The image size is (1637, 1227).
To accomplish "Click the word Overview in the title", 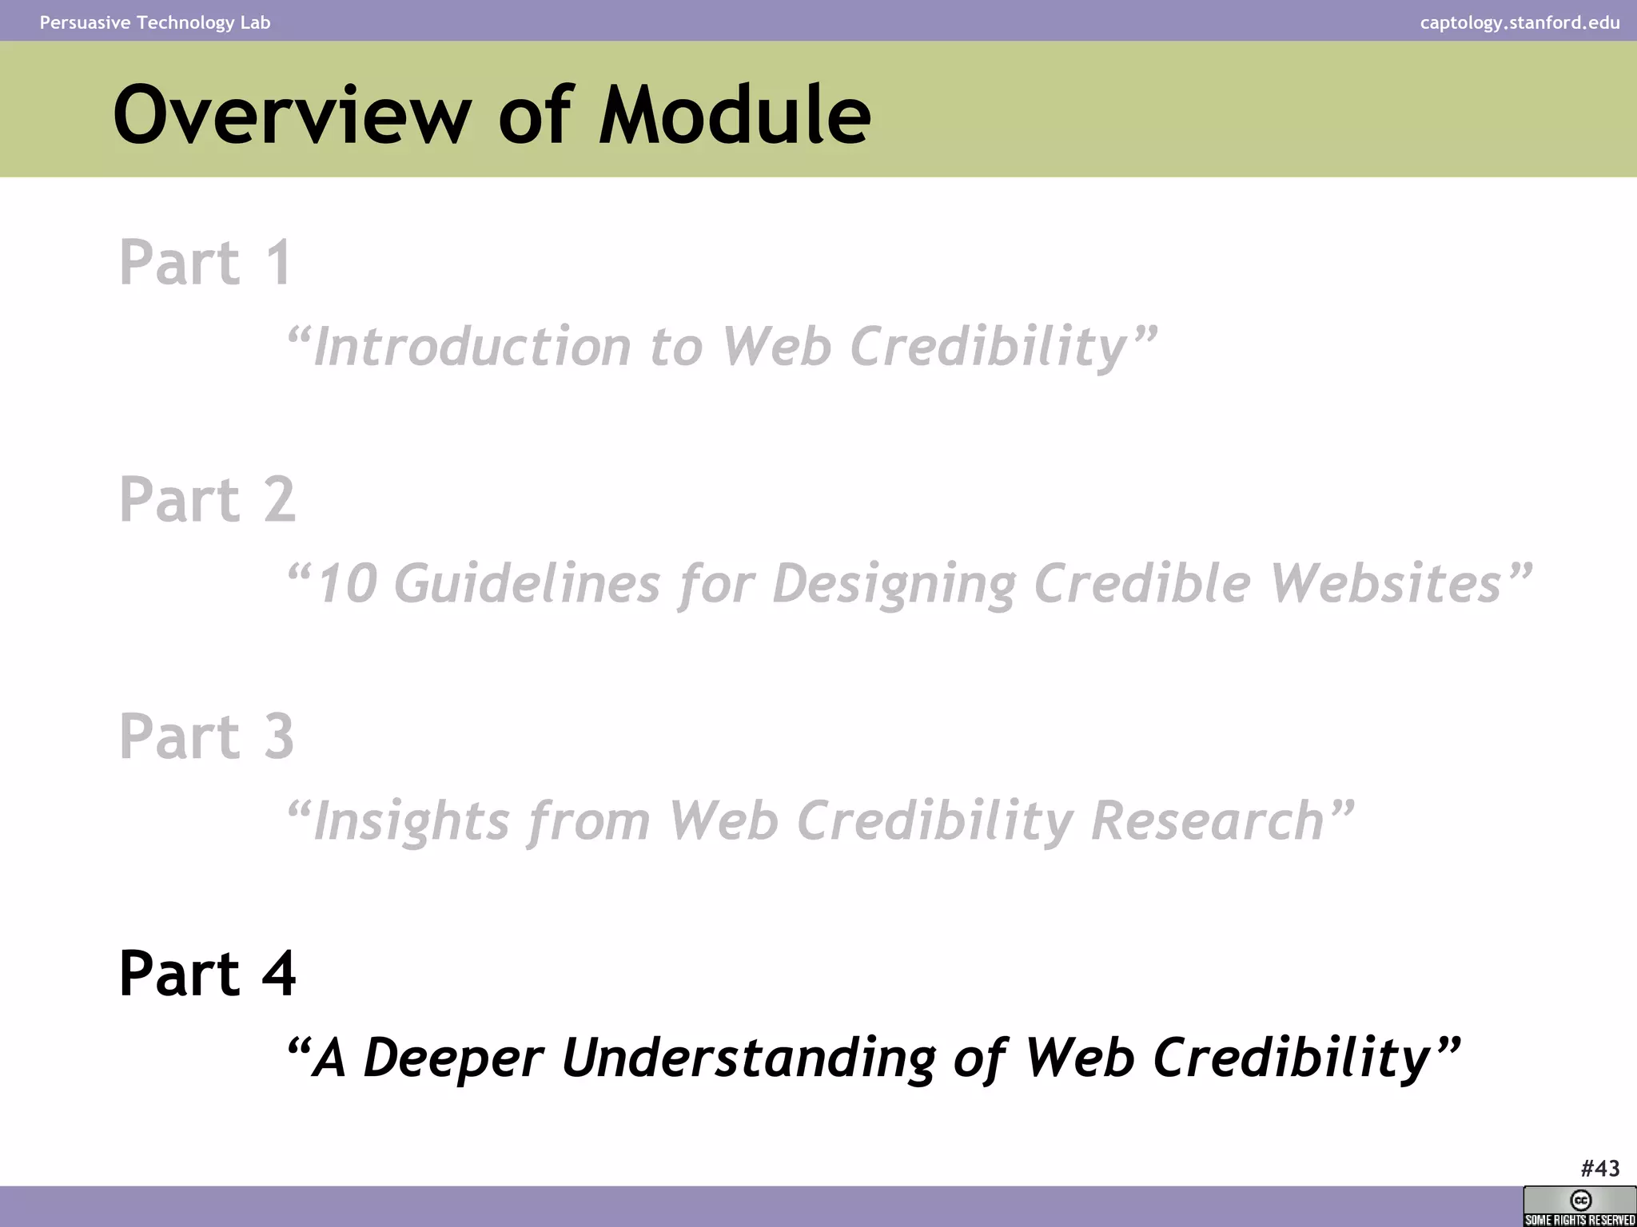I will [293, 116].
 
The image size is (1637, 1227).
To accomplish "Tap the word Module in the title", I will [735, 116].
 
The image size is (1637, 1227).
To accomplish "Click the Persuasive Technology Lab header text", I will [155, 22].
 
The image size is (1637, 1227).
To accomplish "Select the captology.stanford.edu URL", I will [1520, 22].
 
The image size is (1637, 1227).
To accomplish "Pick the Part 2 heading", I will [208, 499].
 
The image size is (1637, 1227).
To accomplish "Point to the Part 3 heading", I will [207, 736].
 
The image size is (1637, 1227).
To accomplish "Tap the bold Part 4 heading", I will [208, 973].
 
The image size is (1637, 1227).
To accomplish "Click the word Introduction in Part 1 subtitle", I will [472, 347].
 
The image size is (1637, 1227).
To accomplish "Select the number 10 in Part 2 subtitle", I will [347, 583].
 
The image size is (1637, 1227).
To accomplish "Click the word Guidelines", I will [527, 583].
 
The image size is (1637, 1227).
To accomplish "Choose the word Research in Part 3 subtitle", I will [1207, 821].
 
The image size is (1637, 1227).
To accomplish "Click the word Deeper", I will [453, 1058].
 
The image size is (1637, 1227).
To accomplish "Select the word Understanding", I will [748, 1058].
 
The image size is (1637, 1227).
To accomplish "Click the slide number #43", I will [1599, 1169].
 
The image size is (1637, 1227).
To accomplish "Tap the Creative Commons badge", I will [1579, 1206].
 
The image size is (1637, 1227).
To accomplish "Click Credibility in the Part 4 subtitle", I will [1292, 1058].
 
